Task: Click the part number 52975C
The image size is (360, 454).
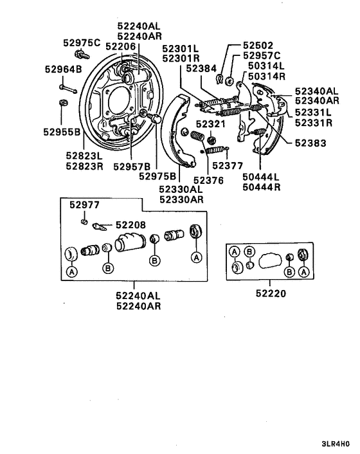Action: click(x=82, y=42)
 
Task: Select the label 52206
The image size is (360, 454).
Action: click(x=120, y=46)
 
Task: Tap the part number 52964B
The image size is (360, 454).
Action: click(x=62, y=69)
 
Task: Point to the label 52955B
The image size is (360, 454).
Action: click(x=62, y=132)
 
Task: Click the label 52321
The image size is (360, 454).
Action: click(x=211, y=123)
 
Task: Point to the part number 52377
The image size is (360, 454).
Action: click(x=228, y=165)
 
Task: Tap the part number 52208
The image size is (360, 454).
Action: click(x=130, y=225)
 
